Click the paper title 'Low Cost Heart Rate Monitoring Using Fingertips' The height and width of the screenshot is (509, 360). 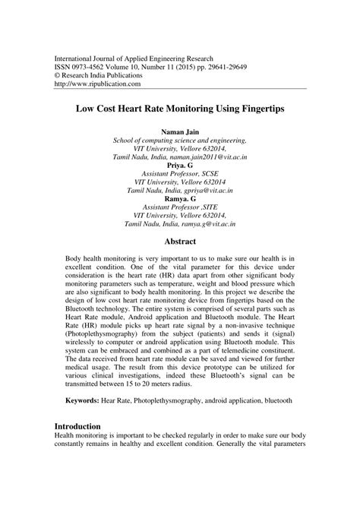pos(179,109)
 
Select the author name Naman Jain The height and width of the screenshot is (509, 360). pos(179,131)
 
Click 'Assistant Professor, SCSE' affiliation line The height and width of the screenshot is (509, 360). pos(179,172)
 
